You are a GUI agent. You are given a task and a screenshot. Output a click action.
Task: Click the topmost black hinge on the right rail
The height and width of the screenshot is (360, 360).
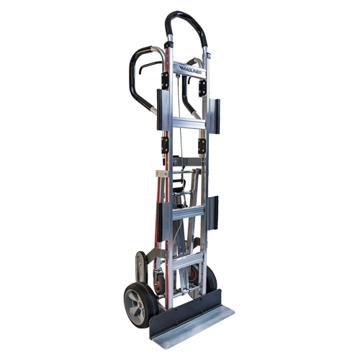[204, 86]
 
